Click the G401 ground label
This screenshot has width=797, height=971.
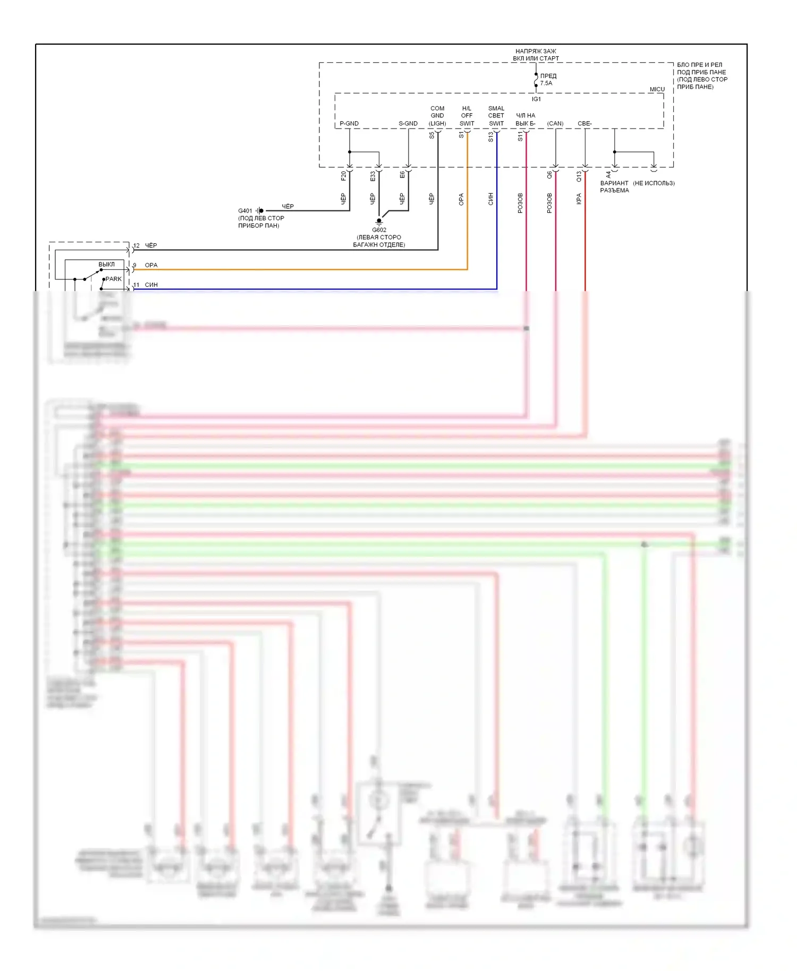coord(245,211)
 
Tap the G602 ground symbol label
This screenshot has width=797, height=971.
coord(379,230)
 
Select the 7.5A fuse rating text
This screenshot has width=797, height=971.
coord(546,83)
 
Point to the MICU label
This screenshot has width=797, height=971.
coord(657,89)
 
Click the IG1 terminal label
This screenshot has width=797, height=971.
coord(536,99)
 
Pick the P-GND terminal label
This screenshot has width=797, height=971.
coord(349,124)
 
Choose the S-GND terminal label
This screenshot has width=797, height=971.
coord(408,124)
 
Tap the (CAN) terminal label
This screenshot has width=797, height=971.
coord(555,124)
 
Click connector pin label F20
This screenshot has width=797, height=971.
coord(344,175)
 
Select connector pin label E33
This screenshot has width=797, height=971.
coord(373,175)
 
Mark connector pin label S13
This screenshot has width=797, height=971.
coord(491,137)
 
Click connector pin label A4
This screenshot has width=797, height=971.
coord(609,174)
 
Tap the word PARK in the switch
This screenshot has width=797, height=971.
coord(114,279)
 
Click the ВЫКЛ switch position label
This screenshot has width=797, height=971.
coord(106,264)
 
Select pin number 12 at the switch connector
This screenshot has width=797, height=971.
coord(137,245)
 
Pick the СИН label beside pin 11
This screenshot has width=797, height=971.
coord(151,285)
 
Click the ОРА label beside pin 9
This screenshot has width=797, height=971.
coord(151,265)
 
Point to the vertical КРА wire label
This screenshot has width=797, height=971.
coord(579,199)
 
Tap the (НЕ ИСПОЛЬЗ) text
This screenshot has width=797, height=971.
coord(654,183)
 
